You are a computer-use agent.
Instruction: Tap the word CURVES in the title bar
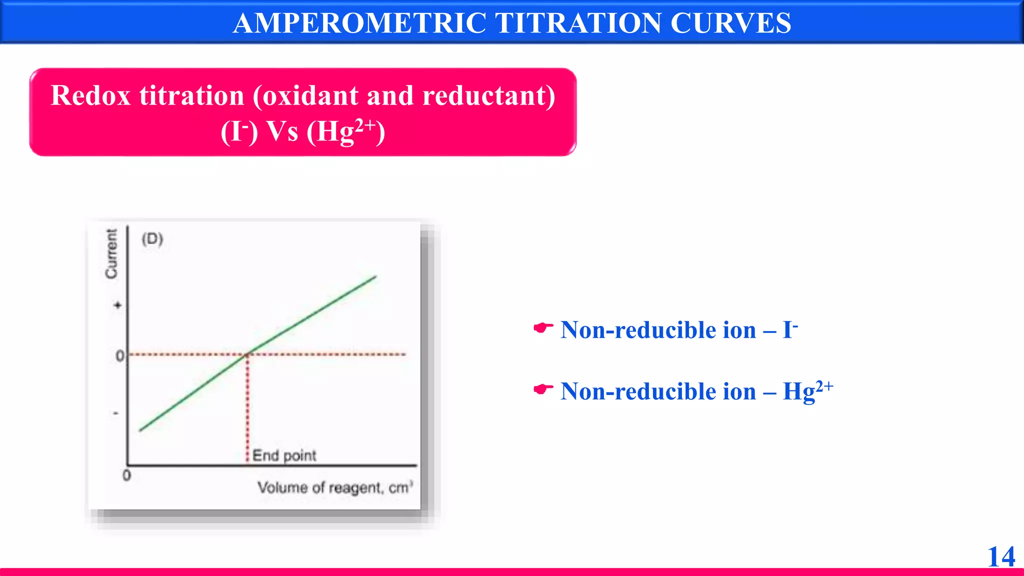coord(730,23)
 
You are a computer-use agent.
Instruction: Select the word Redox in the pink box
coord(90,95)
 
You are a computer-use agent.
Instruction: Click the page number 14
coord(1001,556)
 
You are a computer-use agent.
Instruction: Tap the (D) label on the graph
coord(152,239)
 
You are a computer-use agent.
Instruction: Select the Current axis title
coord(111,253)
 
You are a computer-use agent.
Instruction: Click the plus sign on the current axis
coord(117,305)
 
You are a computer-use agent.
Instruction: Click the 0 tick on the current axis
coord(120,356)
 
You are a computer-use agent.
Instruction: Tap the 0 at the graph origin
coord(126,475)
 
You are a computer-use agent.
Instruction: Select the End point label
coord(284,455)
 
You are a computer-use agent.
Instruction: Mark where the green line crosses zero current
coord(247,354)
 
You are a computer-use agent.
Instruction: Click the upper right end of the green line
coord(375,276)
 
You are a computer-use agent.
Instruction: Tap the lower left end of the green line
coord(140,429)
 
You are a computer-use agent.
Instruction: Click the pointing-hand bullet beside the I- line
coord(543,328)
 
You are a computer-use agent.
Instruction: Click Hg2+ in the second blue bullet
coord(807,390)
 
